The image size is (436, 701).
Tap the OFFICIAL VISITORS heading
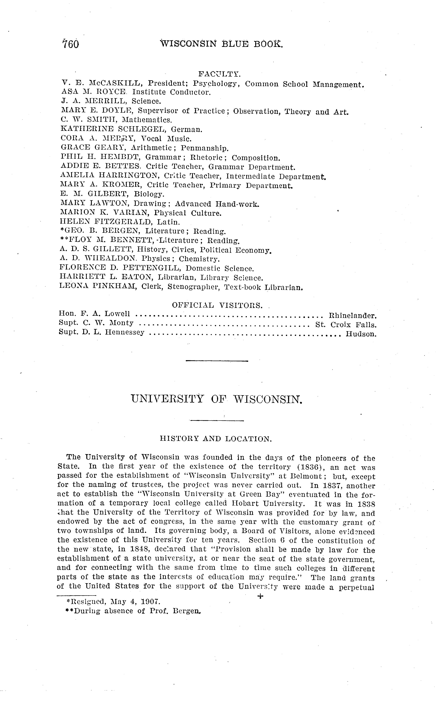217,305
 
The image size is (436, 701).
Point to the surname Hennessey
125,332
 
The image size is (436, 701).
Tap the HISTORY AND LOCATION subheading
216,439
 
